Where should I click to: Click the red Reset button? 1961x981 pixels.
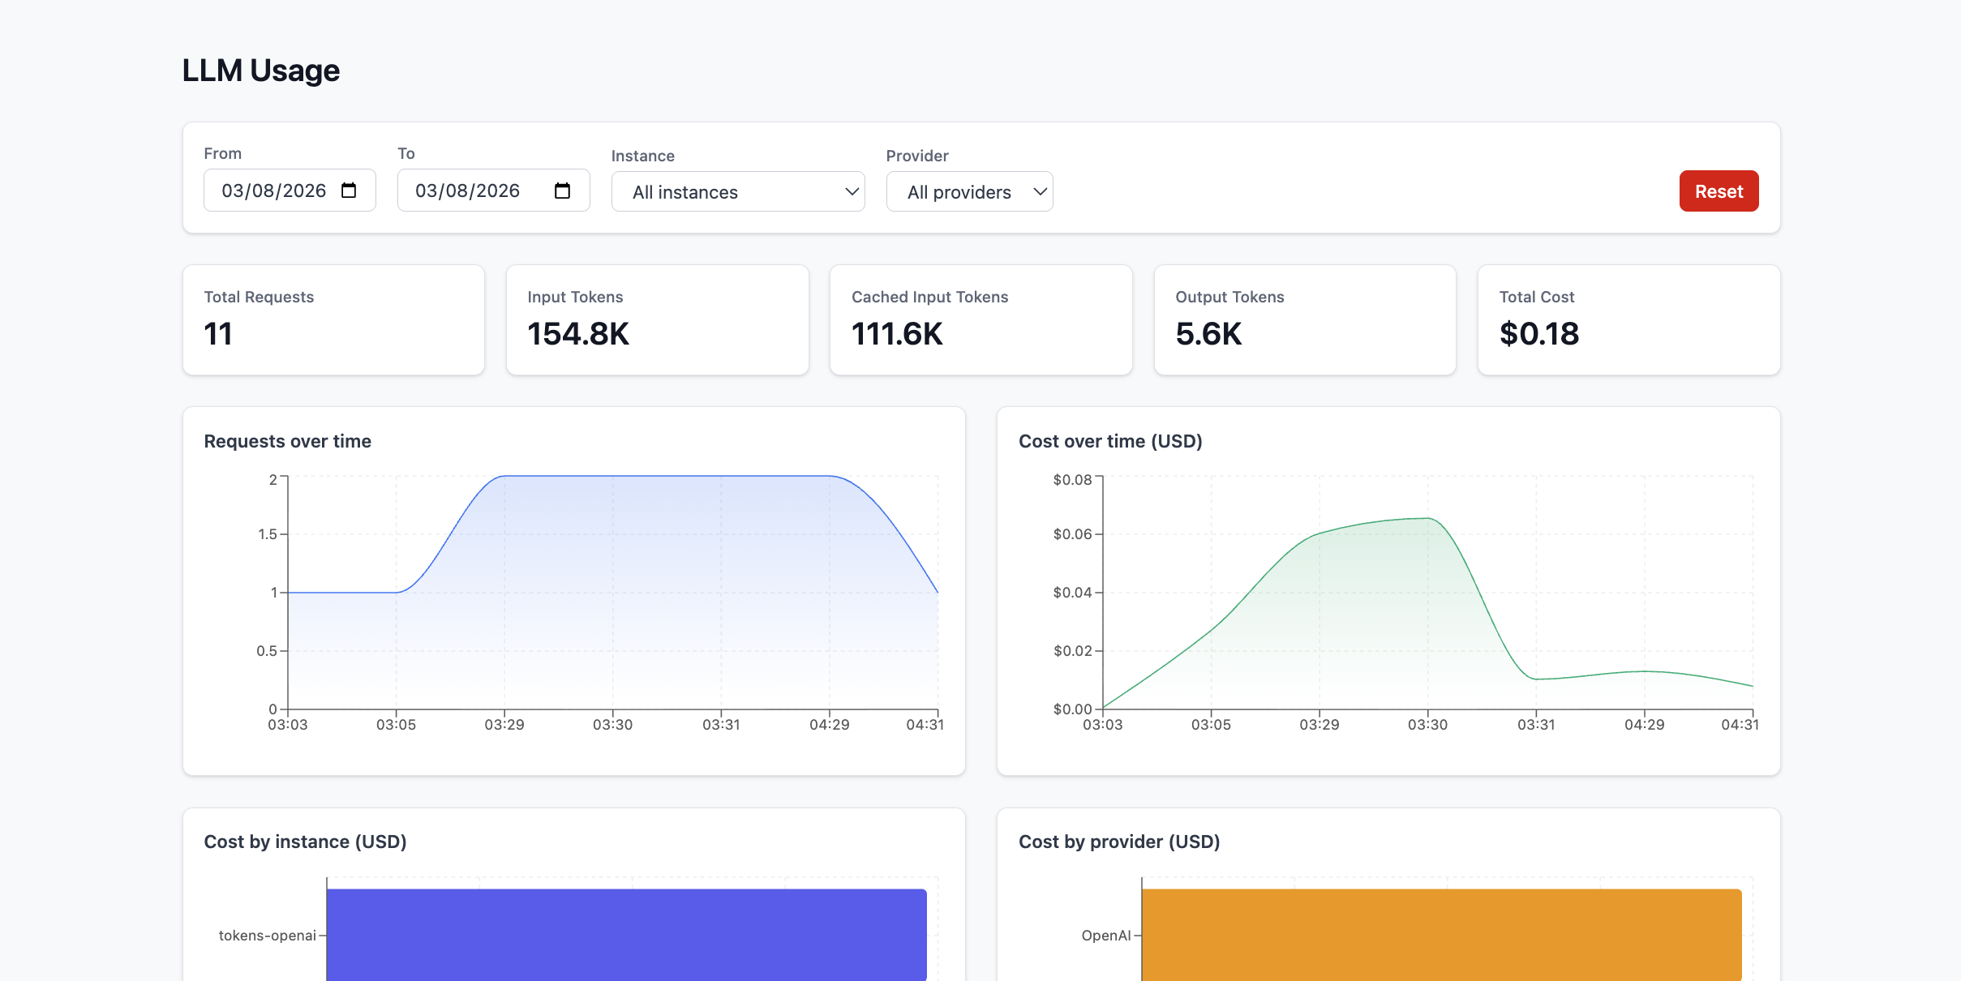tap(1718, 191)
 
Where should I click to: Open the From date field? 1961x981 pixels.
tap(276, 191)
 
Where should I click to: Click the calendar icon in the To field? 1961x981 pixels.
tap(562, 191)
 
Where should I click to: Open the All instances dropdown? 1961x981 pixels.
tap(737, 192)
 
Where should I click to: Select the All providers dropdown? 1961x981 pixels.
tap(968, 192)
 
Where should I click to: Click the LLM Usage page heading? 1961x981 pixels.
tap(260, 71)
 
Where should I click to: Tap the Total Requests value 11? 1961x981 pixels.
tap(218, 334)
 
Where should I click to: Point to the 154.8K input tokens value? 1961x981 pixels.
tap(577, 334)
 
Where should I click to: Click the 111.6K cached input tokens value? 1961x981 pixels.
tap(897, 334)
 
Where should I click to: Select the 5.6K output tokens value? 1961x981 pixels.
tap(1208, 334)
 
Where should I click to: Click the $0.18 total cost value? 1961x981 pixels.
tap(1538, 334)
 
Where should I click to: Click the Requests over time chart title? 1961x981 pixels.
tap(287, 441)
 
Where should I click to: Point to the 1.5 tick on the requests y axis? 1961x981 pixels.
tap(267, 534)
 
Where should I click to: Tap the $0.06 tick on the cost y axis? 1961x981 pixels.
tap(1072, 534)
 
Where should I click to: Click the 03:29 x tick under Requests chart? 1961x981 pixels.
tap(504, 725)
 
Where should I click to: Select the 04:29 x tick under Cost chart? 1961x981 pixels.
tap(1644, 725)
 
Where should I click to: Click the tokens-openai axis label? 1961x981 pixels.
tap(267, 936)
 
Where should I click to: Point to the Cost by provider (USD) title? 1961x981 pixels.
tap(1118, 842)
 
